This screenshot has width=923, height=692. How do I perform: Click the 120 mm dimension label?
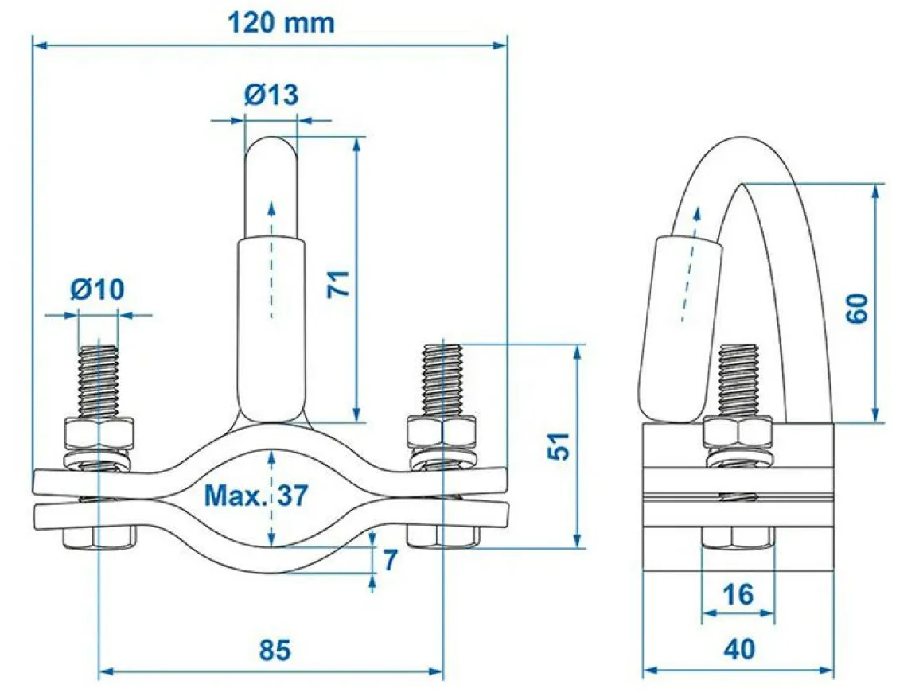(x=281, y=23)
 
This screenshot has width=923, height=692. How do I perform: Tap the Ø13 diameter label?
(x=271, y=94)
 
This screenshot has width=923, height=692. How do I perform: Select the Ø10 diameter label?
(x=98, y=289)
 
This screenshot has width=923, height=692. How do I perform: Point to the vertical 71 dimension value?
(x=338, y=284)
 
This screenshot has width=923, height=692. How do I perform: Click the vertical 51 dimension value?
(x=559, y=445)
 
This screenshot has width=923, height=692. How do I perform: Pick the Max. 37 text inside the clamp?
(x=256, y=496)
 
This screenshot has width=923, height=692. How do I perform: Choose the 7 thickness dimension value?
(x=390, y=560)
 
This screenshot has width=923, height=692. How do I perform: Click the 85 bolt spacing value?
(x=275, y=650)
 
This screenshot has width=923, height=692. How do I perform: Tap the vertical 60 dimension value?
(x=857, y=308)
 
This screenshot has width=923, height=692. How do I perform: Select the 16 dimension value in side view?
(x=738, y=594)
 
